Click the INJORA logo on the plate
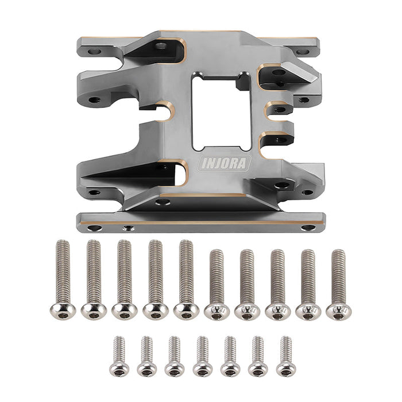pyautogui.click(x=225, y=163)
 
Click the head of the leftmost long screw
pyautogui.click(x=63, y=311)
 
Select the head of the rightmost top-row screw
pyautogui.click(x=339, y=311)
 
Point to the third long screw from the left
pyautogui.click(x=125, y=279)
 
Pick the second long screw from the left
pyautogui.click(x=94, y=279)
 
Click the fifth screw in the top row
pyautogui.click(x=186, y=279)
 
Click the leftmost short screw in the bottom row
pyautogui.click(x=119, y=356)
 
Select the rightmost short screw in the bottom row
pyautogui.click(x=285, y=356)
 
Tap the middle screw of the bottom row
pyautogui.click(x=202, y=356)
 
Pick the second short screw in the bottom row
pyautogui.click(x=147, y=356)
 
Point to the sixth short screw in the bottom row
pyautogui.click(x=258, y=356)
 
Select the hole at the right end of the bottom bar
pyautogui.click(x=308, y=227)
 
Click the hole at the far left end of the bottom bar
pyautogui.click(x=94, y=228)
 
